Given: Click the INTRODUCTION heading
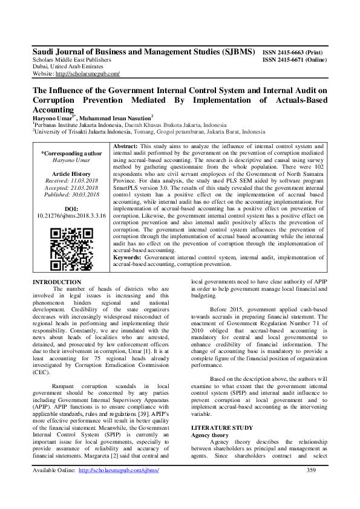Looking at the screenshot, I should coord(56,282).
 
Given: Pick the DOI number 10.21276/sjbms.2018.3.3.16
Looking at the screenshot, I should coord(71,215).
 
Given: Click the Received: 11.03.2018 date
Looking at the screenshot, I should coord(71,180).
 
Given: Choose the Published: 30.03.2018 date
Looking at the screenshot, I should coord(71,195).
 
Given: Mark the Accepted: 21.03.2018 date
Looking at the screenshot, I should coord(71,187).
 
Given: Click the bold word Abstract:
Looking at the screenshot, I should coord(126,146).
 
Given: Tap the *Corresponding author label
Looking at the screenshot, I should coord(71,154).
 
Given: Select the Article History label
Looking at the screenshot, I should coord(71,173).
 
